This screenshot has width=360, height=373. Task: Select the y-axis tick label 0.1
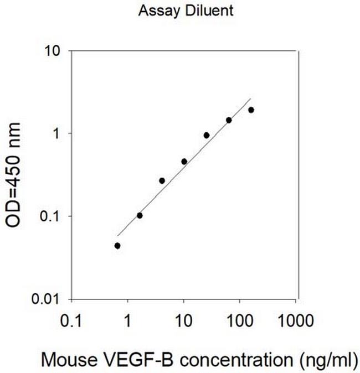click(56, 216)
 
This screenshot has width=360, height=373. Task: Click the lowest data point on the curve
click(117, 246)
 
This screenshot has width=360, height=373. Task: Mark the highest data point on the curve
click(251, 110)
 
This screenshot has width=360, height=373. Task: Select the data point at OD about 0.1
click(140, 215)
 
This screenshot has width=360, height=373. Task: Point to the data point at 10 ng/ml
click(184, 162)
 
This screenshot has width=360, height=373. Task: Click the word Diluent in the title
click(195, 9)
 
